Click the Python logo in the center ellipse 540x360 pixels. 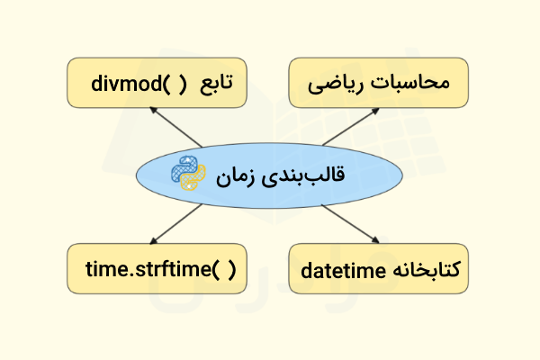[x=188, y=173]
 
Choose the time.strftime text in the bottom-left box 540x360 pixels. [x=145, y=267]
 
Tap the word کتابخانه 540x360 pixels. [x=425, y=268]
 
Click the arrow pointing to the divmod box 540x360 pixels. [x=175, y=127]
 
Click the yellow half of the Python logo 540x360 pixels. [x=193, y=178]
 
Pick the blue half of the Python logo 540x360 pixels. [x=183, y=167]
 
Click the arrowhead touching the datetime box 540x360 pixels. [x=374, y=239]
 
